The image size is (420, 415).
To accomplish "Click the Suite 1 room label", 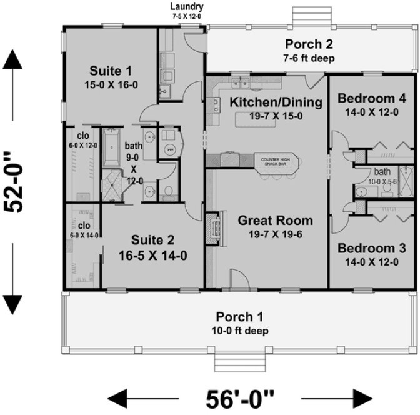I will point(109,69).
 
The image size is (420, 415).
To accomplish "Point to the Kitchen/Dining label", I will point(276,102).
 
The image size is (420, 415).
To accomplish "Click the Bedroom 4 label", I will point(371,98).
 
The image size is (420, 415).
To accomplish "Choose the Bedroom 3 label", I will point(371,248).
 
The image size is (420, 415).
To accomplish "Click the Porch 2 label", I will point(309,44).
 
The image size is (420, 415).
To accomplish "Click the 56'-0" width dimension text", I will point(241,397).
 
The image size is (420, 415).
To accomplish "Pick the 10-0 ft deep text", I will point(242,331).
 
